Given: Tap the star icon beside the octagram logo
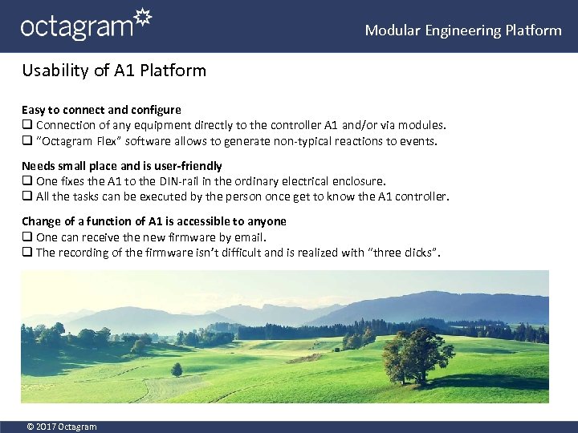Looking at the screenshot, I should (141, 18).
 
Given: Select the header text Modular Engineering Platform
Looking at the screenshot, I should (463, 30).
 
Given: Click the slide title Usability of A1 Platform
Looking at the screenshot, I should (114, 71).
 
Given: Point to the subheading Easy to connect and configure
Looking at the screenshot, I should (101, 110).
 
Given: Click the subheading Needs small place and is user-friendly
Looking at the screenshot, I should (122, 166).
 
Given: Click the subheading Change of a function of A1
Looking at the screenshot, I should (154, 221).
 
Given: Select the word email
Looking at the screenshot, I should (250, 237).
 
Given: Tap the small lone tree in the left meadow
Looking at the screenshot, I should (177, 369).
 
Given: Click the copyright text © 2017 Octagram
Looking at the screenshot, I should (62, 427).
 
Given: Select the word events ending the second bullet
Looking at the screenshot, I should (417, 141).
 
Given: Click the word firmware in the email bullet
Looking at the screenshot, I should (187, 237).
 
